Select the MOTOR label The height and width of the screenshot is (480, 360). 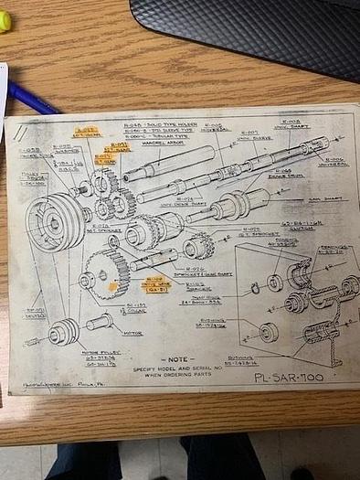(x=135, y=334)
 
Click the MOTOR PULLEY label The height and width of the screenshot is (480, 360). (x=99, y=353)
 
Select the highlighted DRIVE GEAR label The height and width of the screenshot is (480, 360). (x=155, y=284)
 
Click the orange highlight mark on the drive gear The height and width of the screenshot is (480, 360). (x=113, y=288)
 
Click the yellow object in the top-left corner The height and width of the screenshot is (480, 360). (x=5, y=20)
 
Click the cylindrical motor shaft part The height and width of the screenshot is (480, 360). (x=101, y=322)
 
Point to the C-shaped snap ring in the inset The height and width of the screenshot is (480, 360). (x=257, y=290)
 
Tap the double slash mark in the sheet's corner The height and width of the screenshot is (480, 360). (x=19, y=133)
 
